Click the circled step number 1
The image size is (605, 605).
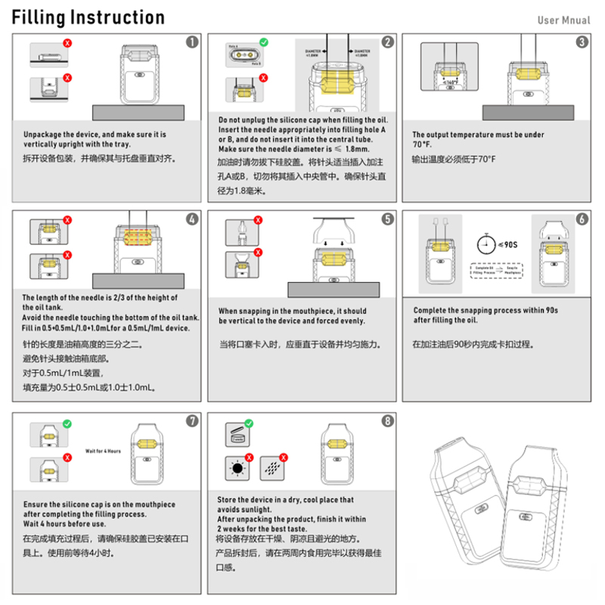192,42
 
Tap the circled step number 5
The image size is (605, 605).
387,219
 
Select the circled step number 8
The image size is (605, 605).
387,421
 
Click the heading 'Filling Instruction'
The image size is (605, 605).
88,17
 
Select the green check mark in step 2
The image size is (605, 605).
262,42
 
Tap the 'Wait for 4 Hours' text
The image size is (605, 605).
103,451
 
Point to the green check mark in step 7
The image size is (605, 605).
67,425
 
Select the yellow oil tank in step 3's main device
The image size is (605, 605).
529,75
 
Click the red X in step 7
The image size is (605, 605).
67,460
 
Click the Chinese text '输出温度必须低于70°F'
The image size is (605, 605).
453,160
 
